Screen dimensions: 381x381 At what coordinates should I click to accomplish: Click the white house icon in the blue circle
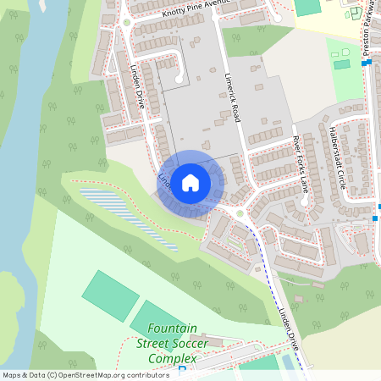coord(190,182)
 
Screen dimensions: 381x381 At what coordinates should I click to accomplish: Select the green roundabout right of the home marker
coord(240,213)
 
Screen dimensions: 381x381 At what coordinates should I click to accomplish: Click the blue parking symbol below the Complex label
coord(181,370)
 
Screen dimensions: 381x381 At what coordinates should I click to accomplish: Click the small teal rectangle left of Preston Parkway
coord(342,64)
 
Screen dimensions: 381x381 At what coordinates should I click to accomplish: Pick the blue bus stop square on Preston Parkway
coord(375,218)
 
